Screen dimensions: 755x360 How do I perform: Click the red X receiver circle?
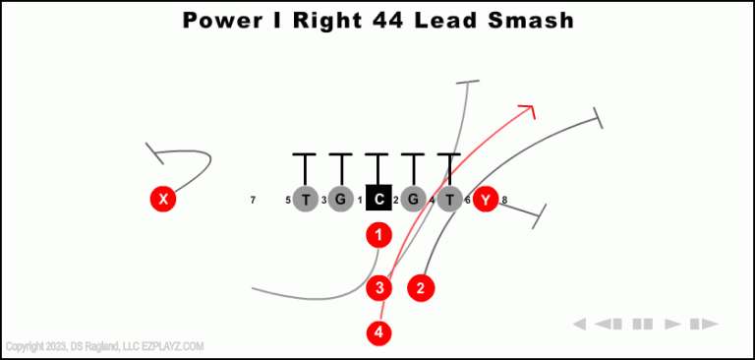click(x=163, y=200)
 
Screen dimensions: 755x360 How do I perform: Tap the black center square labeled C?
click(x=378, y=200)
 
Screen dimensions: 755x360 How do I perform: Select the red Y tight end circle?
click(x=485, y=200)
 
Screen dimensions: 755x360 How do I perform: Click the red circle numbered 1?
click(x=378, y=235)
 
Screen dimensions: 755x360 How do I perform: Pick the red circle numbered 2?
click(x=421, y=288)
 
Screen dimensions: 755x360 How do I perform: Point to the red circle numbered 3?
click(x=379, y=288)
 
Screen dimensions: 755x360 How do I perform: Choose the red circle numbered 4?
click(x=379, y=332)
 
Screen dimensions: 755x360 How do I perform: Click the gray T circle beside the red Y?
click(x=449, y=200)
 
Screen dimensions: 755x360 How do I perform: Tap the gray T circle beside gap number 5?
click(x=306, y=200)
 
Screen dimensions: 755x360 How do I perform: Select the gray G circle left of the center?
click(x=341, y=200)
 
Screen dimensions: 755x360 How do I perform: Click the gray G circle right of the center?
click(x=413, y=200)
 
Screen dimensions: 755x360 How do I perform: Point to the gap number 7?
click(x=253, y=201)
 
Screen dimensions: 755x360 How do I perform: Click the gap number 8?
click(x=504, y=201)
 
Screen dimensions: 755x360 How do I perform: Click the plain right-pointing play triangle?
click(x=673, y=324)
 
